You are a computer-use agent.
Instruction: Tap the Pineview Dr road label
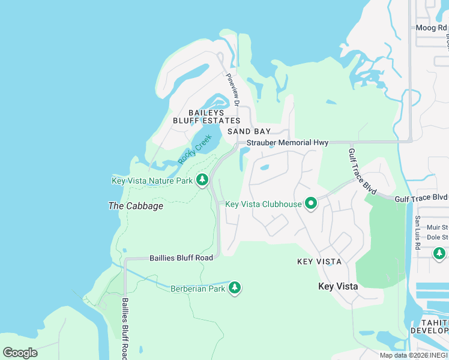(x=232, y=91)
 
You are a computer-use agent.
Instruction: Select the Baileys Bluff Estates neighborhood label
(x=198, y=116)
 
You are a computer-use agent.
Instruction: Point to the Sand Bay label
(x=249, y=131)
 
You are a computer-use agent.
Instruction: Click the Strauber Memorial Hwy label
(x=288, y=143)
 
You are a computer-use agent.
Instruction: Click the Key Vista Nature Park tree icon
(x=203, y=180)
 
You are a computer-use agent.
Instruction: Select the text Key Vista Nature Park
(x=152, y=181)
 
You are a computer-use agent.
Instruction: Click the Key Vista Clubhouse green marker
(x=311, y=204)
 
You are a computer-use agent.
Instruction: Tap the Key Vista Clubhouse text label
(x=263, y=204)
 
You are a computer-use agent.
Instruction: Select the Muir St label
(x=437, y=227)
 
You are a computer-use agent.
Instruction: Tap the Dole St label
(x=437, y=237)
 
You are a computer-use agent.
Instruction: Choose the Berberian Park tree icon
(x=235, y=289)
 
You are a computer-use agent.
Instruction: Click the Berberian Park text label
(x=197, y=289)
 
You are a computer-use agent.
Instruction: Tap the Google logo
(x=20, y=353)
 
